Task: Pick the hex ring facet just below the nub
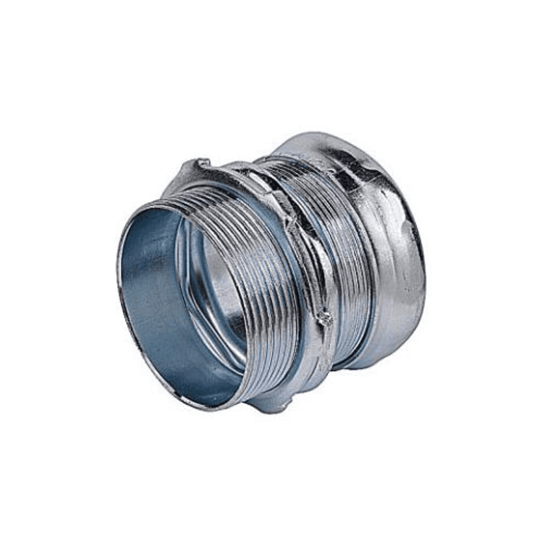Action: point(317,353)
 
